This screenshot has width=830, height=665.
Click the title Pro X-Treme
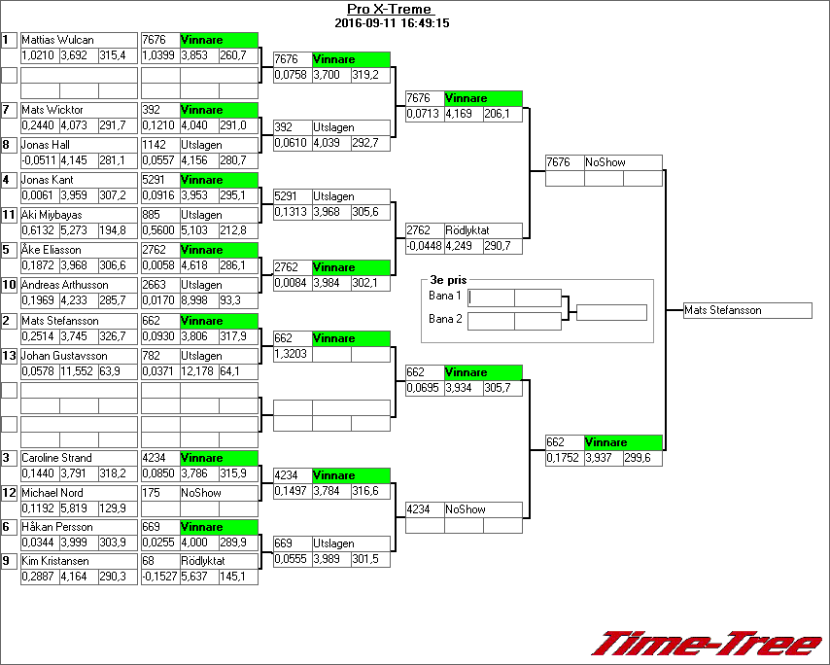click(x=390, y=10)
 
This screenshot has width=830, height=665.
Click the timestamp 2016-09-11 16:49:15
click(x=391, y=22)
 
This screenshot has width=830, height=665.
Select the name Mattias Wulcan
click(x=57, y=40)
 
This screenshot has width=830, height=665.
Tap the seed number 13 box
click(x=10, y=356)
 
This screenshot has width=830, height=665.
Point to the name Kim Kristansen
click(x=57, y=561)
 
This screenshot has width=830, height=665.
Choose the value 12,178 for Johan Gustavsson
click(x=198, y=371)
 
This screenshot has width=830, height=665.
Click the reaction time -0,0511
click(x=38, y=160)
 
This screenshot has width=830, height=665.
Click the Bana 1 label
click(x=444, y=296)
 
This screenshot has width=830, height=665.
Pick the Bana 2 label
click(x=444, y=319)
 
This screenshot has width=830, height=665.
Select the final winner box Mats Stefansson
click(x=747, y=310)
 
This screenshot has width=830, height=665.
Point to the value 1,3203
click(x=292, y=355)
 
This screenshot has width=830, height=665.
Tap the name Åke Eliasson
click(x=52, y=250)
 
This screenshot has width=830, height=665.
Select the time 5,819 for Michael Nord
click(x=76, y=508)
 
